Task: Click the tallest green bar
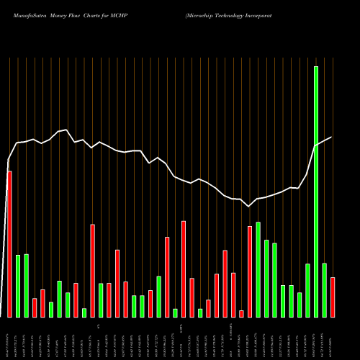click(315, 192)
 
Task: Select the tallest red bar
click(9, 244)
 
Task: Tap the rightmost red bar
click(332, 297)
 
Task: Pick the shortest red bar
click(241, 313)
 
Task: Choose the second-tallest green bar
click(258, 269)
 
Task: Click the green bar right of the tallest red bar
click(18, 286)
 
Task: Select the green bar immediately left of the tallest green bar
click(307, 290)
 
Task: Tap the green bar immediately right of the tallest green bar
click(324, 290)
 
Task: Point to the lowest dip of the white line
click(249, 207)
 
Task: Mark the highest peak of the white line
click(66, 130)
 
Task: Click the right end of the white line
click(332, 137)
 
